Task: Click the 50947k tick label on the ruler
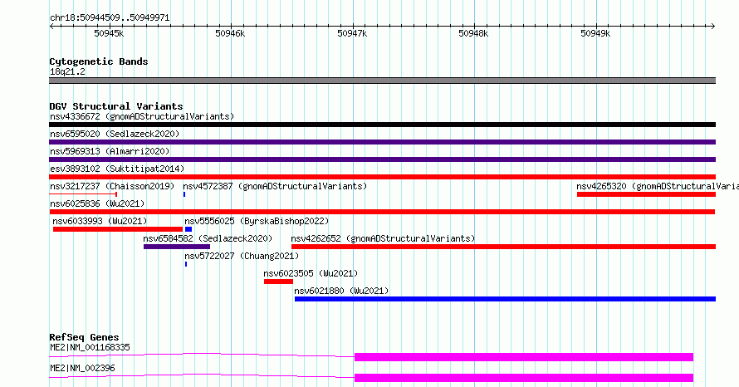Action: pyautogui.click(x=352, y=33)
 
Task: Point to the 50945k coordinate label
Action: pyautogui.click(x=109, y=33)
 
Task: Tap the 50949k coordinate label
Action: pyautogui.click(x=595, y=33)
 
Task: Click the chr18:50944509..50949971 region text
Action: pyautogui.click(x=110, y=18)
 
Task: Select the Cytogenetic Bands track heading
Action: pyautogui.click(x=99, y=61)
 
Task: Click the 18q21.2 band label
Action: pyautogui.click(x=67, y=71)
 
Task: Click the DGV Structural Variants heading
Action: pyautogui.click(x=116, y=106)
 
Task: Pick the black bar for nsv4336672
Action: pyautogui.click(x=382, y=125)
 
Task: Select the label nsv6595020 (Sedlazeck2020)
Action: pyautogui.click(x=115, y=134)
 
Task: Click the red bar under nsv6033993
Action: pyautogui.click(x=118, y=229)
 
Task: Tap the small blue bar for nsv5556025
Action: pyautogui.click(x=188, y=229)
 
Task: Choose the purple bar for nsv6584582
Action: pyautogui.click(x=177, y=247)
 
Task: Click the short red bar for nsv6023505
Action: pyautogui.click(x=278, y=282)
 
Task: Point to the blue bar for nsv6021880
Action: pyautogui.click(x=505, y=299)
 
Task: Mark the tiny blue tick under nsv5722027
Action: pyautogui.click(x=186, y=264)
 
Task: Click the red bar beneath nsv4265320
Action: pyautogui.click(x=646, y=194)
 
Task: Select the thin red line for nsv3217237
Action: pyautogui.click(x=83, y=193)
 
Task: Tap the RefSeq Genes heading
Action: pyautogui.click(x=84, y=337)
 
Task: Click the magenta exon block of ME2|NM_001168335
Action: pyautogui.click(x=524, y=357)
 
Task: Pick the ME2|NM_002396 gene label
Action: pyautogui.click(x=82, y=368)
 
